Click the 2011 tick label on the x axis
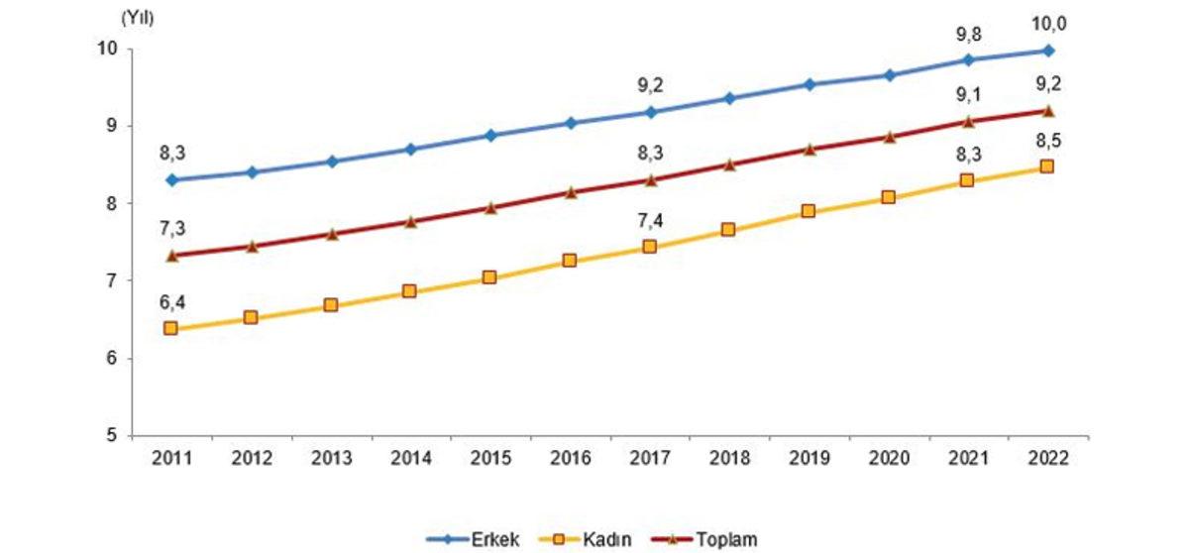point(170,459)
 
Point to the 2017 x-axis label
point(649,459)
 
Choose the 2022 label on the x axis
point(1047,459)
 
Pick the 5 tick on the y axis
point(113,435)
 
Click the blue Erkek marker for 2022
point(1047,50)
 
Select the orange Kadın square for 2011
point(170,328)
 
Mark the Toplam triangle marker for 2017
point(649,179)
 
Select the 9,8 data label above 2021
point(967,35)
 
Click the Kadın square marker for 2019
point(809,211)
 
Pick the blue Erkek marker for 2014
point(410,149)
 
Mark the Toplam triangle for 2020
point(888,137)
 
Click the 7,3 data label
point(170,230)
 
